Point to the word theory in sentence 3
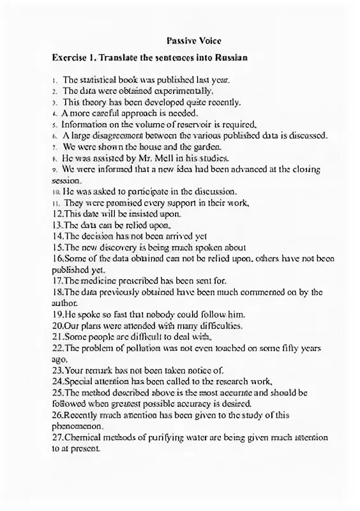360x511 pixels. (94, 102)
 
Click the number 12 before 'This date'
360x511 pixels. (58, 214)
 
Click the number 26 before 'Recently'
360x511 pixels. (58, 415)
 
